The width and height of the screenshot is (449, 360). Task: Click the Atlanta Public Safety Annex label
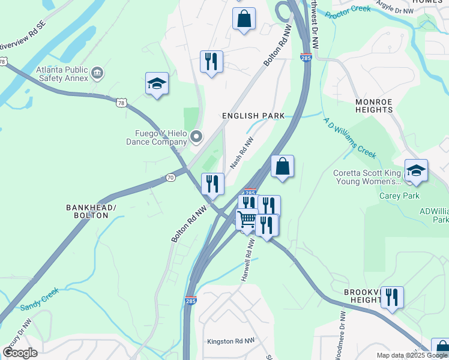click(x=58, y=69)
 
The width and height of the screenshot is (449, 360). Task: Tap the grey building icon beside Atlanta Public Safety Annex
click(x=97, y=74)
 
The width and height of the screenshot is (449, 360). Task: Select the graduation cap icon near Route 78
click(x=157, y=84)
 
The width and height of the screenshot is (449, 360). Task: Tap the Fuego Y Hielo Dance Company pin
click(x=196, y=138)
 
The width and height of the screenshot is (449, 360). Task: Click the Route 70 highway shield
click(x=170, y=178)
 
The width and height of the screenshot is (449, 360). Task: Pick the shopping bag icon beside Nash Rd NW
click(x=282, y=166)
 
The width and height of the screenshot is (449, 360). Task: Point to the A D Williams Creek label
click(x=350, y=137)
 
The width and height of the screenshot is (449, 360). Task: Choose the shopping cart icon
click(x=247, y=220)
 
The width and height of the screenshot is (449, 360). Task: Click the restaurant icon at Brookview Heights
click(x=391, y=296)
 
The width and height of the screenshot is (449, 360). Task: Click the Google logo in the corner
click(x=20, y=352)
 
